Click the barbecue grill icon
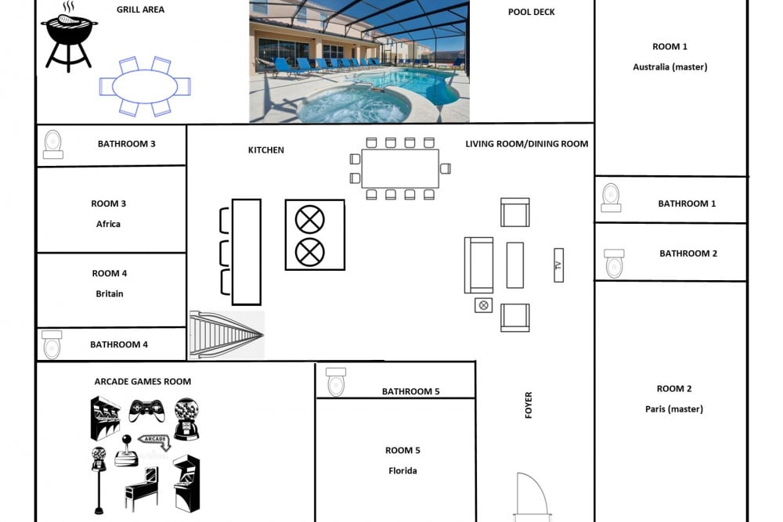[69, 38]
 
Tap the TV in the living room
[559, 265]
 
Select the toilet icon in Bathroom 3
[53, 145]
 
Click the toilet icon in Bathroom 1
[611, 198]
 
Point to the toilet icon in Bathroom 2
[614, 264]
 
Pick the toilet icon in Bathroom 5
[336, 382]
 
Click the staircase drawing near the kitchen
[227, 334]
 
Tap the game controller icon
[146, 410]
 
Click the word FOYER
[529, 405]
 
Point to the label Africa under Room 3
[108, 224]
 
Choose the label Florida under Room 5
[402, 470]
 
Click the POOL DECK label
[532, 12]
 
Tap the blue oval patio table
[145, 86]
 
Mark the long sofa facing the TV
[479, 265]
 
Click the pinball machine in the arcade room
[142, 488]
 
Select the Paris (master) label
[674, 409]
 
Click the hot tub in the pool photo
[352, 103]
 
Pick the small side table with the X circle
[483, 305]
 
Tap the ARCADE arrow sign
[155, 440]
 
